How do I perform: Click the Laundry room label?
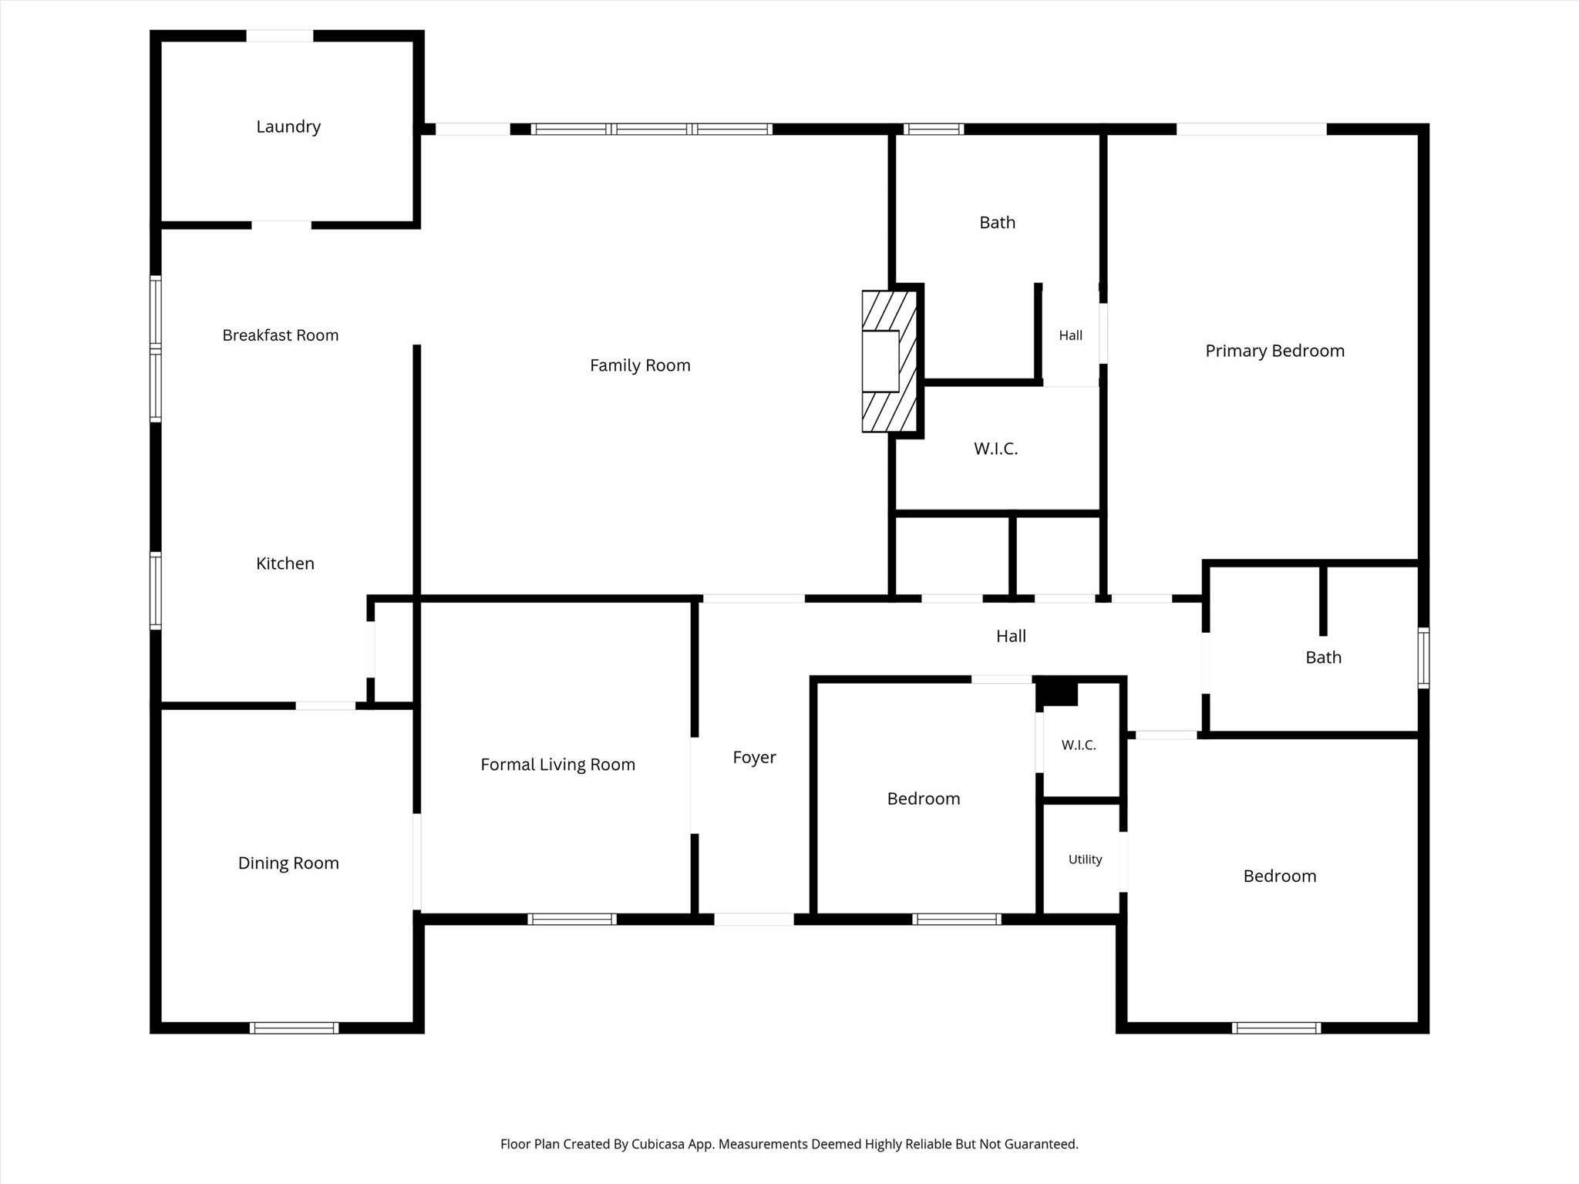[288, 127]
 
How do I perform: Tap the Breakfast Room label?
[281, 335]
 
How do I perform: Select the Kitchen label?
[285, 563]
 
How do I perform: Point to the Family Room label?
[640, 365]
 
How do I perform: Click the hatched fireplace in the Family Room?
[890, 361]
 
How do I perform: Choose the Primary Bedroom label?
[1275, 351]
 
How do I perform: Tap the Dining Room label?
[288, 863]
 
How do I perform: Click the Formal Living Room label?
[558, 765]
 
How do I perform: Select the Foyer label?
[754, 758]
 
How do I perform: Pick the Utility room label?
[1086, 859]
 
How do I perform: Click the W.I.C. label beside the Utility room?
[1079, 745]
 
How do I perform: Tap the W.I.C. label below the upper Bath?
[996, 449]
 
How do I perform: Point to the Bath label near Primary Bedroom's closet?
[998, 223]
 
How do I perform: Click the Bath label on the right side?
[1324, 658]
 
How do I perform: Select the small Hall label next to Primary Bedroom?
[1071, 335]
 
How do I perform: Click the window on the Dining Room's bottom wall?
[295, 1028]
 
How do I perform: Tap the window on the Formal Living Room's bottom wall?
[572, 919]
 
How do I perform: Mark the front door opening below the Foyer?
[754, 919]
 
